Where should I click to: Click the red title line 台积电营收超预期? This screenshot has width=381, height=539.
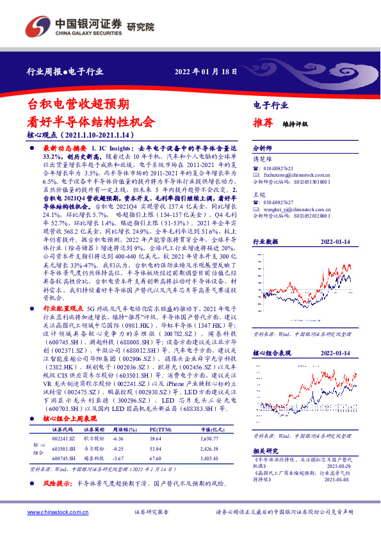pos(79,104)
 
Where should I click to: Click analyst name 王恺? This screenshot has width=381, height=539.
pos(259,194)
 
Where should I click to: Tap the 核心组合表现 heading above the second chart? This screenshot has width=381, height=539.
pos(272,353)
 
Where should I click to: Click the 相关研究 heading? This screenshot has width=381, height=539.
pos(264,451)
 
